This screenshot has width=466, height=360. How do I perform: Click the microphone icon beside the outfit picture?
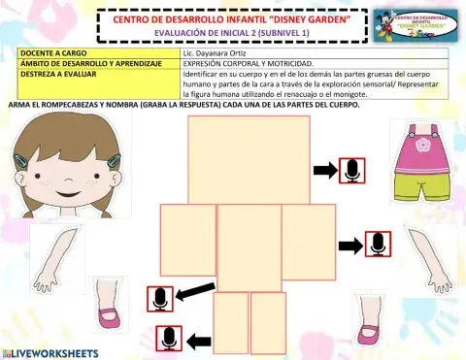pos(351,171)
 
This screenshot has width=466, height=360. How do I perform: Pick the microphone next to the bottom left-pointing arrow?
pos(169,340)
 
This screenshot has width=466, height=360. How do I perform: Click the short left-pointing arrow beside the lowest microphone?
pos(199,340)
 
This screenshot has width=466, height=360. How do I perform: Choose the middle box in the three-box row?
pos(249,247)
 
